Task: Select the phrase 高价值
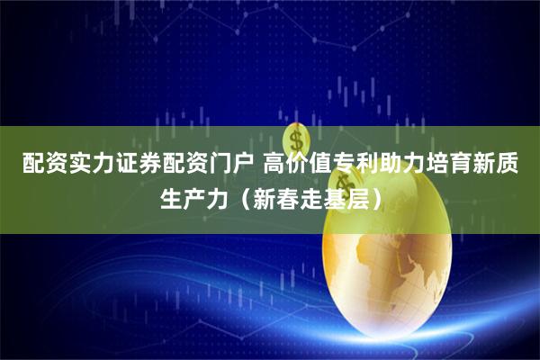[x=296, y=165]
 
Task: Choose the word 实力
[x=86, y=165]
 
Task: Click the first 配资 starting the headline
[x=40, y=165]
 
